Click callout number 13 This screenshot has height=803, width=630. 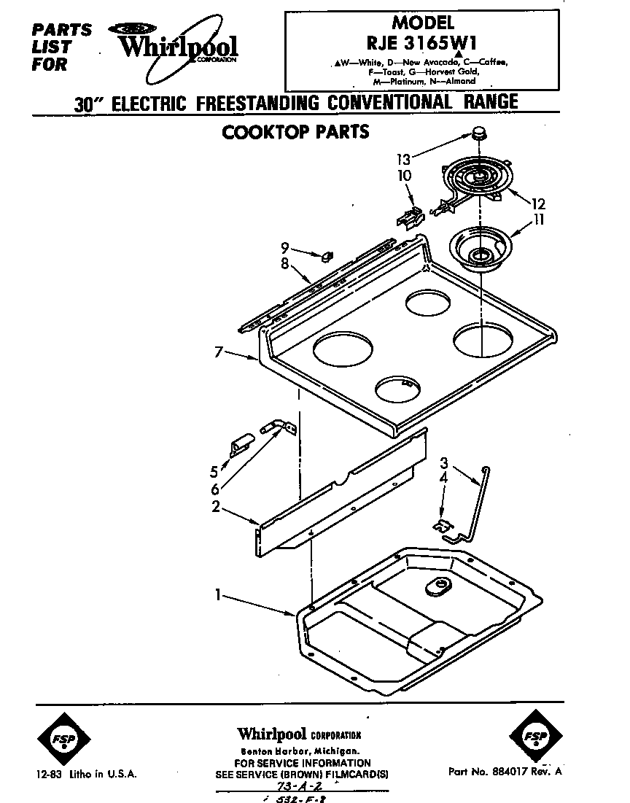(403, 158)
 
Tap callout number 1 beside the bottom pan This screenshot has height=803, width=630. (217, 596)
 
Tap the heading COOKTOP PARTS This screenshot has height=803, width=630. (295, 132)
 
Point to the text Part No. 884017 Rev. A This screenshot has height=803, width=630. (505, 771)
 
